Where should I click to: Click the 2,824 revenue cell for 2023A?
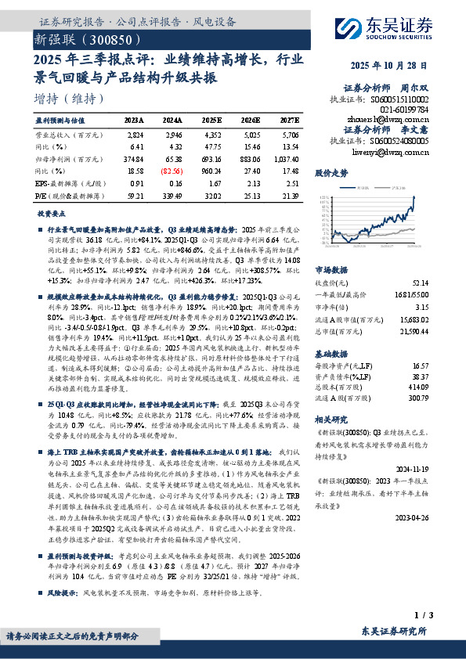pos(135,135)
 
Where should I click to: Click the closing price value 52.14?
pos(420,282)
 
